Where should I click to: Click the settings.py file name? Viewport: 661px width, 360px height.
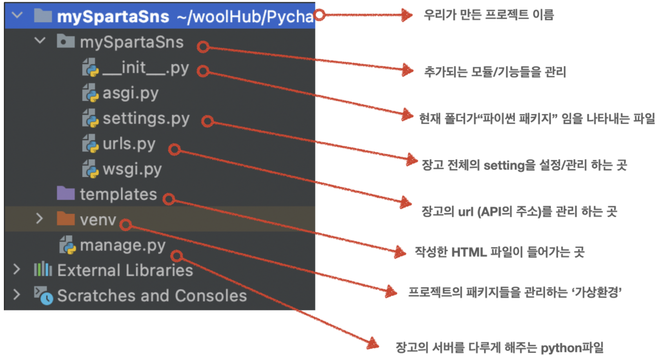pyautogui.click(x=146, y=119)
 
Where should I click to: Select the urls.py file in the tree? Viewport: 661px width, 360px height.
pyautogui.click(x=129, y=144)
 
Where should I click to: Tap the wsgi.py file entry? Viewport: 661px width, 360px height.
pyautogui.click(x=132, y=169)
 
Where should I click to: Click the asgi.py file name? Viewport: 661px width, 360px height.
pyautogui.click(x=130, y=93)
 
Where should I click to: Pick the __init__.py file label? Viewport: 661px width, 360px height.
pyautogui.click(x=145, y=68)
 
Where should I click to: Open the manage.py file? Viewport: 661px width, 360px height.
pyautogui.click(x=122, y=246)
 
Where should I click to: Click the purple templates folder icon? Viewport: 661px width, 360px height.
pyautogui.click(x=65, y=194)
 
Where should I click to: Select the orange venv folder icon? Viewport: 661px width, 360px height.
pyautogui.click(x=65, y=219)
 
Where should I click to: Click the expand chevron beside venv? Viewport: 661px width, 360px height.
pyautogui.click(x=40, y=219)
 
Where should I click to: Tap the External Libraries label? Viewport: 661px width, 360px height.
pyautogui.click(x=125, y=270)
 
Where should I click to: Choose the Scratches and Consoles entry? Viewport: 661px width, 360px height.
pyautogui.click(x=152, y=296)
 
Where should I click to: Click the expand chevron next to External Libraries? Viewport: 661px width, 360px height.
pyautogui.click(x=17, y=270)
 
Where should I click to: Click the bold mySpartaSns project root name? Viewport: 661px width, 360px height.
pyautogui.click(x=113, y=17)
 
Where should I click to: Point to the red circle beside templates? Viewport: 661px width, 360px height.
pyautogui.click(x=168, y=198)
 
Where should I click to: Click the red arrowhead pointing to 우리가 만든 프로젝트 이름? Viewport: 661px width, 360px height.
pyautogui.click(x=407, y=15)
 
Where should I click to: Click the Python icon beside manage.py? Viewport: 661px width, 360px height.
pyautogui.click(x=68, y=246)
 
